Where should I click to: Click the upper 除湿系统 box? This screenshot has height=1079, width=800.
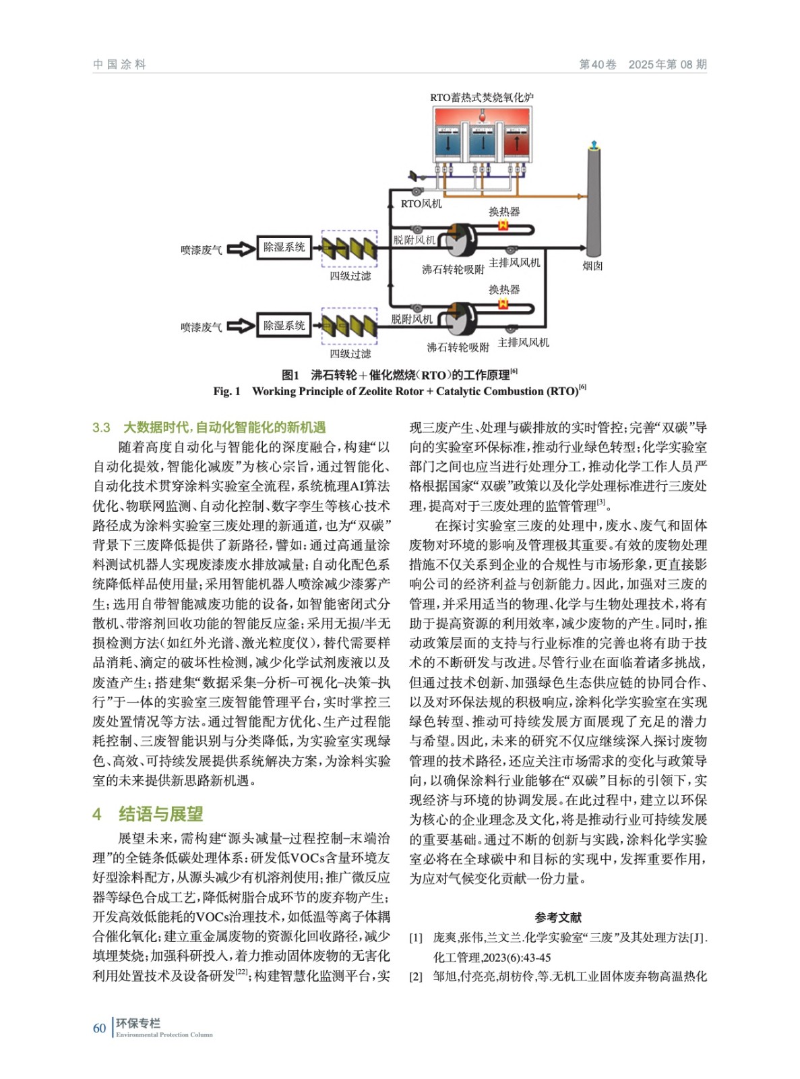point(284,247)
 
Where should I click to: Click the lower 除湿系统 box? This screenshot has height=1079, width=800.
point(284,326)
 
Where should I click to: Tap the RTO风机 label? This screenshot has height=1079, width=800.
point(421,204)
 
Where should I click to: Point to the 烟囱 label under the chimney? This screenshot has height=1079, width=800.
point(592,266)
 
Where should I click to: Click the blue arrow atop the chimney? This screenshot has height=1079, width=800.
point(593,144)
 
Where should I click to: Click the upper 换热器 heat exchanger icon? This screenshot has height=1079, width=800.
point(503,226)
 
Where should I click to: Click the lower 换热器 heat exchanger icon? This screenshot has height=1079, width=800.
point(503,304)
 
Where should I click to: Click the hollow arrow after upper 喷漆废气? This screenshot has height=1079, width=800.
point(240,250)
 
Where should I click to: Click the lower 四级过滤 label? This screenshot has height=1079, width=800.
point(350,354)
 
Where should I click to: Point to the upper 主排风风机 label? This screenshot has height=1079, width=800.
point(514,263)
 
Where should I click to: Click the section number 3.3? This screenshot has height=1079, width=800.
point(101,428)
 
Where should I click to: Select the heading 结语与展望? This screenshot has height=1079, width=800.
point(160,814)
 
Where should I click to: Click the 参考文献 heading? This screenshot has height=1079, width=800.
point(558,917)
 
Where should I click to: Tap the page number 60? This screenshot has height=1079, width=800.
point(99,1028)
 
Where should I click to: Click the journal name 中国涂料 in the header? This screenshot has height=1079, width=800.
point(119,65)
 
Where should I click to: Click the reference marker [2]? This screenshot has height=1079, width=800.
point(416,976)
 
